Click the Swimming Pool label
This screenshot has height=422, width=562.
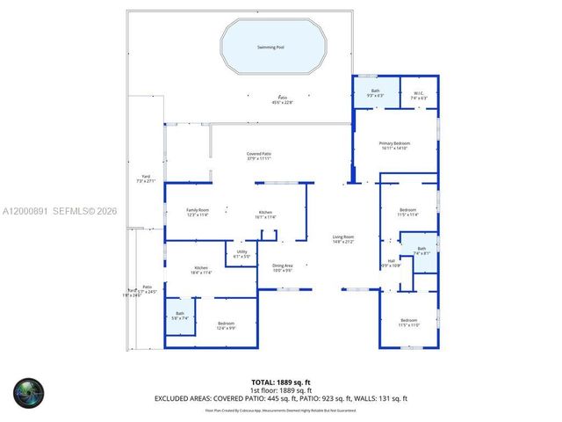coord(270,47)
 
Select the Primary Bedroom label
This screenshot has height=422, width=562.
coord(394,143)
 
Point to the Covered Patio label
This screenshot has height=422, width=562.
coord(258,155)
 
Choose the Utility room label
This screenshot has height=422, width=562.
coord(241,252)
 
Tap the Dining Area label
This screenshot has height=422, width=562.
coord(282,266)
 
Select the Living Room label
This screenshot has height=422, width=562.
coord(342,237)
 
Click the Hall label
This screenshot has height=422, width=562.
coord(391,260)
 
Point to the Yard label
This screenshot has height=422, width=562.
coord(146,178)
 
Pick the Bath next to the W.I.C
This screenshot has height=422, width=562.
coord(375,91)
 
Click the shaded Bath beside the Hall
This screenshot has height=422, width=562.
coord(421,249)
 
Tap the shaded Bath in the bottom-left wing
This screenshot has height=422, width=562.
coord(180,314)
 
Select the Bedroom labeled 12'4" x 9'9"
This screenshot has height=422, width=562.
coord(227,324)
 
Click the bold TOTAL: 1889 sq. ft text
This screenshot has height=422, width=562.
coord(282,382)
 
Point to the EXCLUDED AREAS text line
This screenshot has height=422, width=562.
coord(281,398)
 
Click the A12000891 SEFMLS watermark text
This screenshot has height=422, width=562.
coord(59,212)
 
